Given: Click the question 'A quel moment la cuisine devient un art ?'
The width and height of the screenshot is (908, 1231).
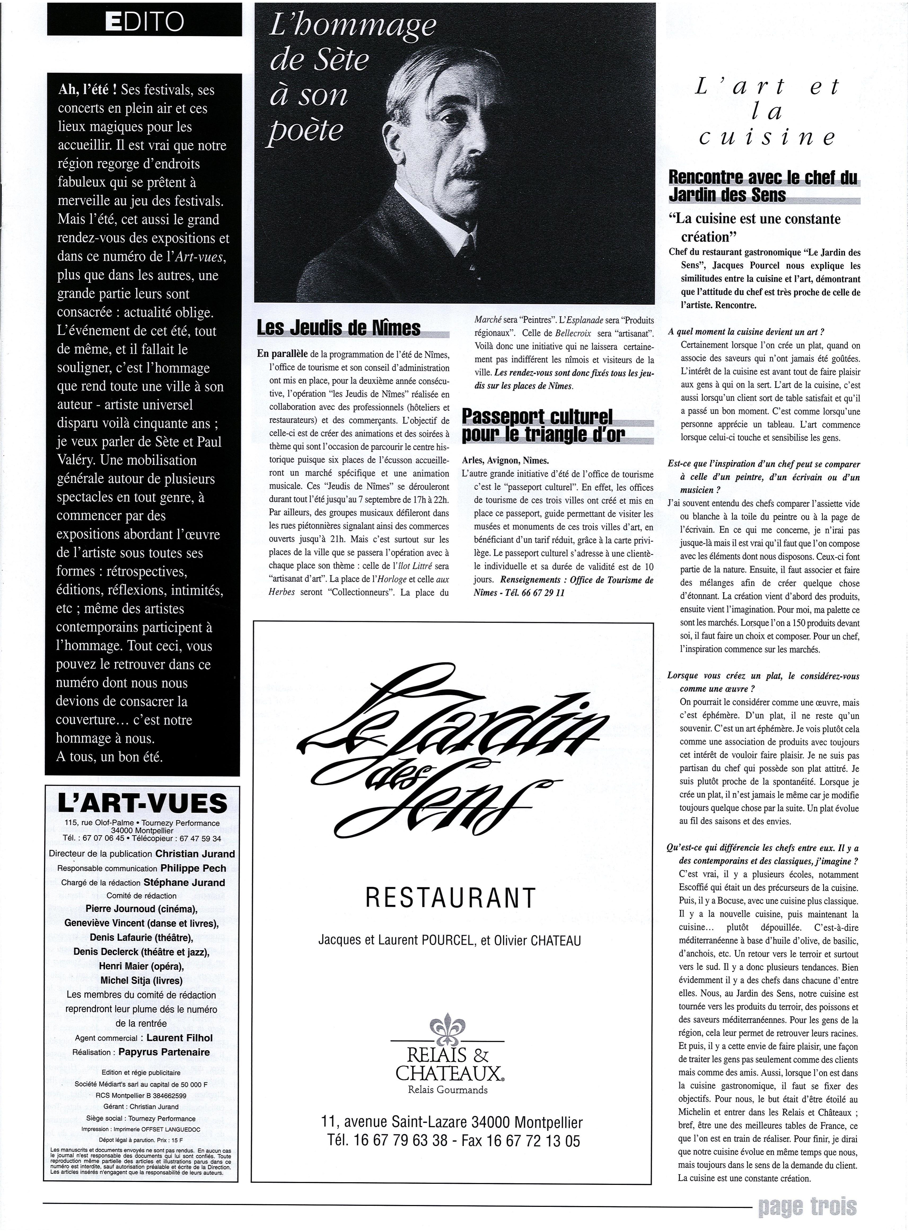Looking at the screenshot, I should [x=746, y=332].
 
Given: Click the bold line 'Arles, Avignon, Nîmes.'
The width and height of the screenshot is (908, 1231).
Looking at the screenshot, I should [x=506, y=460].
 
